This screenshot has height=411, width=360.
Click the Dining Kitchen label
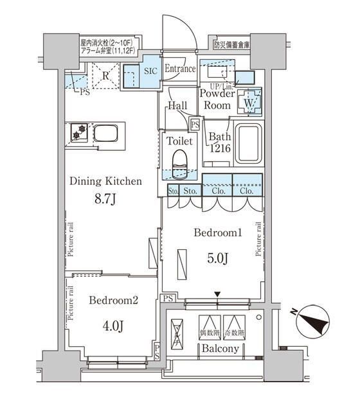point(106,182)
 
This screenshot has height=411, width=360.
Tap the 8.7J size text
point(106,201)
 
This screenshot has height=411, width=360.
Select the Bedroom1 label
point(219,234)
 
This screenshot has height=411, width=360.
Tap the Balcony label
point(220,349)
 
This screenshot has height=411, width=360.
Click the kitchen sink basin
point(107,134)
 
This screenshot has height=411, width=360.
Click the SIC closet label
point(150,71)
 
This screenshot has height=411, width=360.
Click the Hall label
point(177,107)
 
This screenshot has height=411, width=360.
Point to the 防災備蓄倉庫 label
point(232,45)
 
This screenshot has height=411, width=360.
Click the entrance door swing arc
point(177,29)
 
